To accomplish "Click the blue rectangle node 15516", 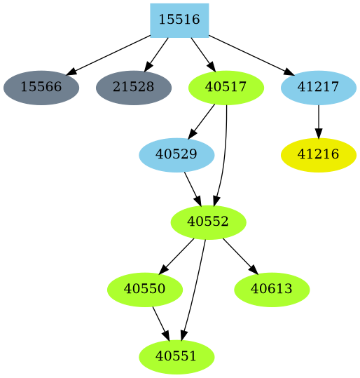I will point(179,20).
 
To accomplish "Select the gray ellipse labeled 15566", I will point(41,88).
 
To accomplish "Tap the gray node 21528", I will point(133,88).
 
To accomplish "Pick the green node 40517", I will point(226,88).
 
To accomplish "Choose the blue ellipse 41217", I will point(319,88).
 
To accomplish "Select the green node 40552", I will point(208,222).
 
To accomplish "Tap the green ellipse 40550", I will point(145,289).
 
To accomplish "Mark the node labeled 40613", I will point(272,289).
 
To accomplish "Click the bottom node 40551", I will point(176,356).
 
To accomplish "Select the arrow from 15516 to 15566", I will point(109,54).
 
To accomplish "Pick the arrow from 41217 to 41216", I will point(319,121).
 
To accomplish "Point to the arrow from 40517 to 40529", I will point(202,120).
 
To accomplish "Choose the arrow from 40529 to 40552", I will point(192,188).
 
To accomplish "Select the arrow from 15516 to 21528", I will point(157,53).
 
